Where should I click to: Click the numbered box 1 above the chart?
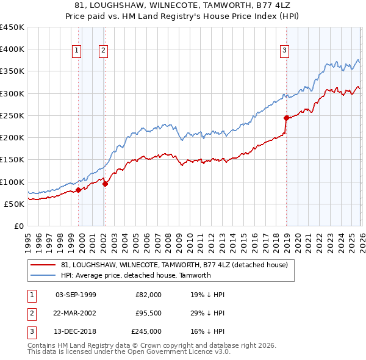click(77, 51)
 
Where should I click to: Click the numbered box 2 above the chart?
click(104, 51)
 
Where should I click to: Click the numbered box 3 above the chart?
click(285, 51)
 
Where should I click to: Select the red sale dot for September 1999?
click(78, 190)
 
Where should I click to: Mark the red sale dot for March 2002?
click(105, 184)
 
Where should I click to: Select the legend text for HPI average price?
click(135, 275)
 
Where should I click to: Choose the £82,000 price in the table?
click(149, 295)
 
